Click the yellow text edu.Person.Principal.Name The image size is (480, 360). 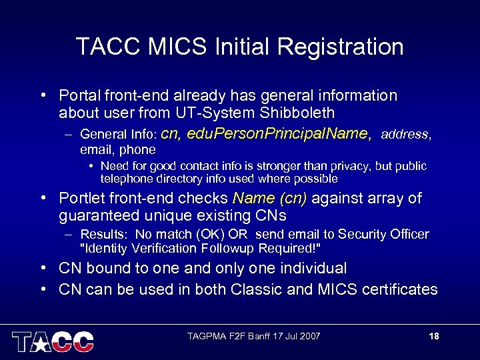pyautogui.click(x=279, y=134)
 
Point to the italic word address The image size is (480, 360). pyautogui.click(x=405, y=135)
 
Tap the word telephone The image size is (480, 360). pyautogui.click(x=127, y=179)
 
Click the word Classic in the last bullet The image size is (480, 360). pyautogui.click(x=255, y=289)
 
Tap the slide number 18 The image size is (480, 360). pyautogui.click(x=434, y=336)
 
